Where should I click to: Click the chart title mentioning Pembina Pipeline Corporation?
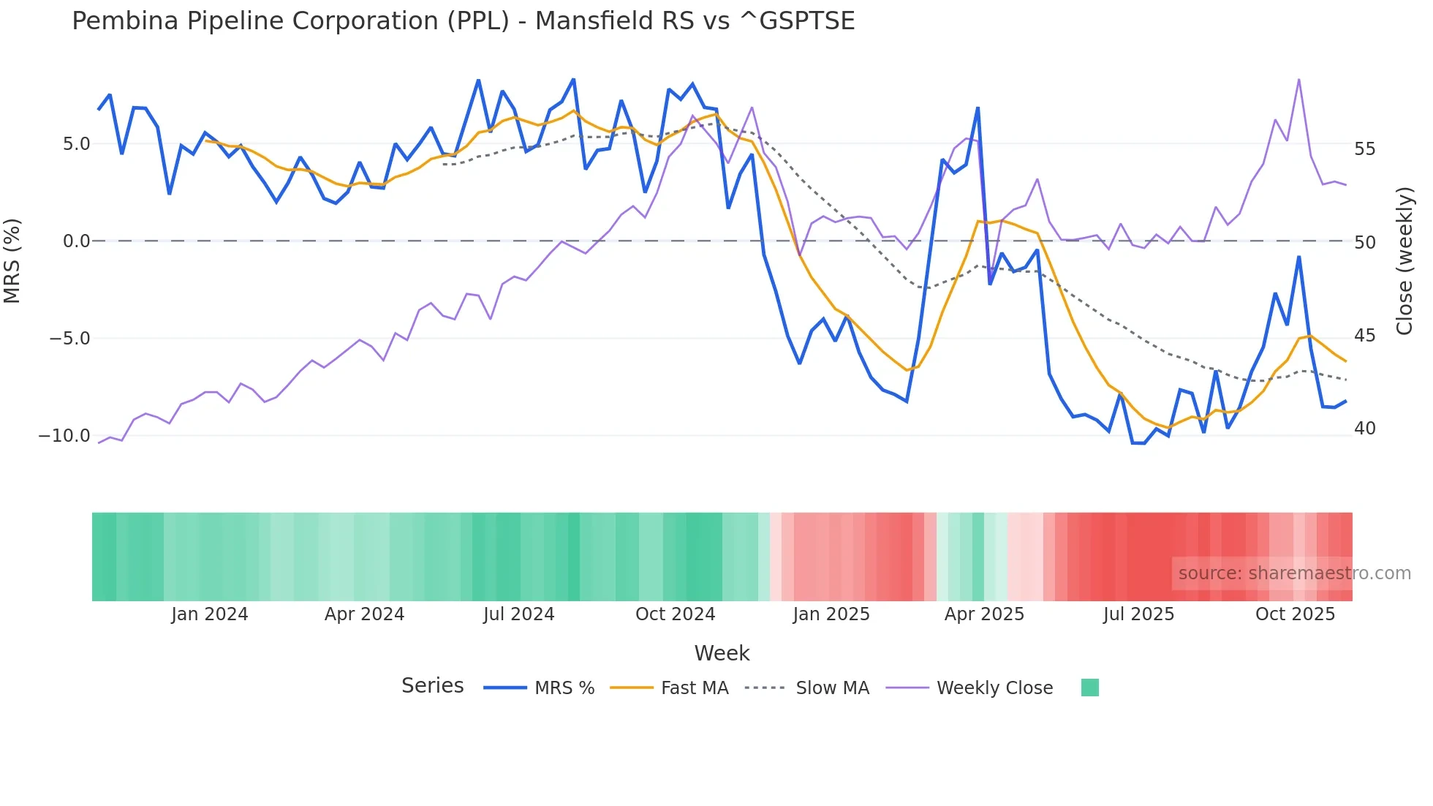[x=463, y=21]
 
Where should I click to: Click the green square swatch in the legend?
[x=1089, y=688]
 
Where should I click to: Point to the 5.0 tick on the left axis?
[x=76, y=144]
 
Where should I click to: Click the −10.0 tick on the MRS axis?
[x=64, y=436]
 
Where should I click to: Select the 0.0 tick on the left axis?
[x=76, y=241]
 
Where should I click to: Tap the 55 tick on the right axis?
[x=1364, y=149]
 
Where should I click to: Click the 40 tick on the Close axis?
[x=1364, y=429]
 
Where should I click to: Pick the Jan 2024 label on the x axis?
[x=210, y=614]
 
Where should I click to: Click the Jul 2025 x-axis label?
[x=1138, y=614]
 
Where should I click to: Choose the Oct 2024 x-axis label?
[x=675, y=614]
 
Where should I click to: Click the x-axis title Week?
[x=722, y=653]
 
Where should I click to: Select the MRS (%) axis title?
[x=12, y=260]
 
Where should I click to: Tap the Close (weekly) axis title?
[x=1404, y=260]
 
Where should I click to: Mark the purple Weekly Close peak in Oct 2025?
[x=1298, y=79]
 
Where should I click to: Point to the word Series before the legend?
[x=432, y=686]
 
